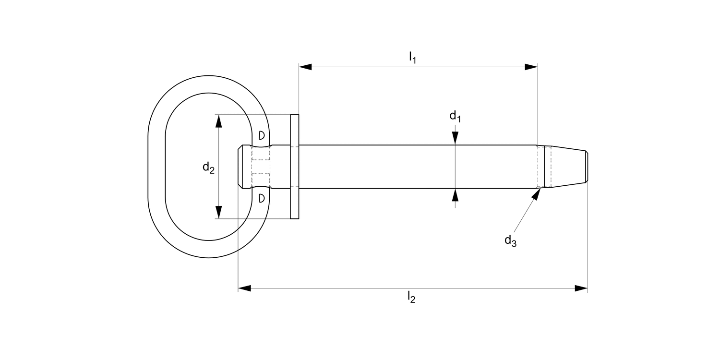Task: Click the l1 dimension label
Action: pos(412,58)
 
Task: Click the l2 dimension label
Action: pos(411,298)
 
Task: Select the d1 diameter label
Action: pos(455,116)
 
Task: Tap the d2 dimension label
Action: pos(208,168)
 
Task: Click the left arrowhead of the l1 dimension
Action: pos(305,67)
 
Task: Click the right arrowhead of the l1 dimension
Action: pos(531,67)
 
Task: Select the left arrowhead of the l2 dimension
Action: pos(245,288)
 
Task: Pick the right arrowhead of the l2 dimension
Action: pos(581,288)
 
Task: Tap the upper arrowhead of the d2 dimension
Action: pos(219,121)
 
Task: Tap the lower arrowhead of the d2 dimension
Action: pos(219,212)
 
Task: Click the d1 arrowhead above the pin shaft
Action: pos(455,138)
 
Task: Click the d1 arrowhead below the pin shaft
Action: pos(455,195)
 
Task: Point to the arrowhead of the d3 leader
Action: pos(537,192)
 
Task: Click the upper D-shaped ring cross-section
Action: pos(261,135)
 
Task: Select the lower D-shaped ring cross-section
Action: pos(261,198)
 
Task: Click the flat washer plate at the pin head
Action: pos(294,167)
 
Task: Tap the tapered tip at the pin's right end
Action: pos(569,167)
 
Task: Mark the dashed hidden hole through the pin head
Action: pos(261,167)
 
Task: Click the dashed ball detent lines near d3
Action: pos(544,167)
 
